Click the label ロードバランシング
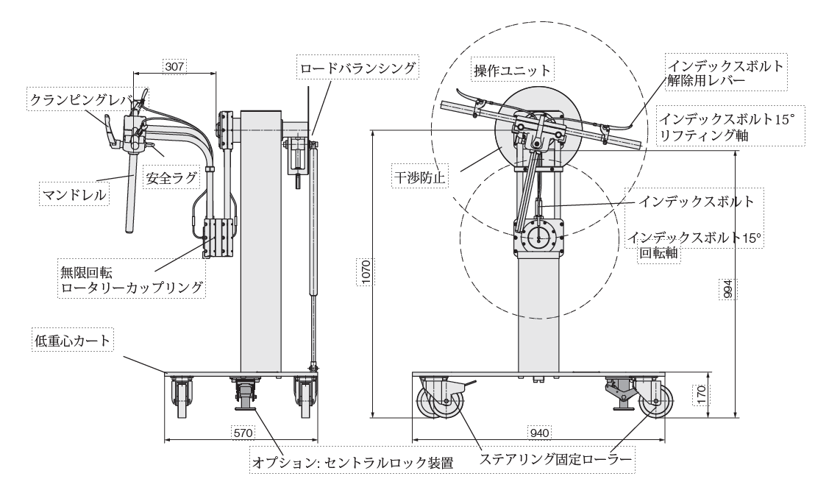click(358, 70)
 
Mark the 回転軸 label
click(658, 254)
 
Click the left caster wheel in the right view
click(439, 403)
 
